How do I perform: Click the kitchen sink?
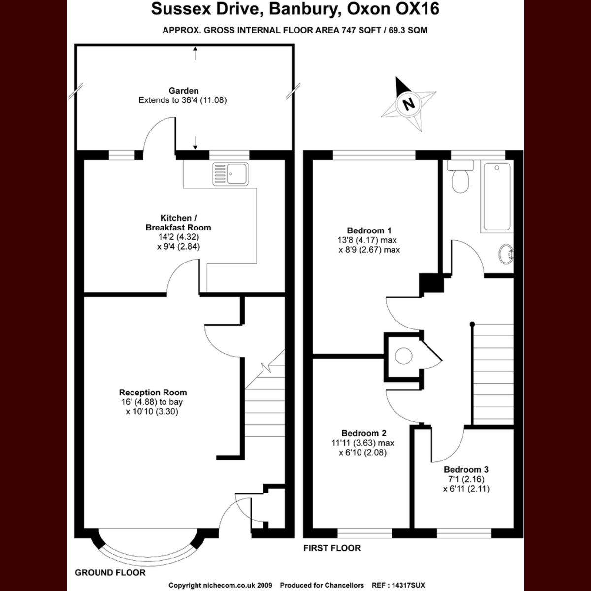[x=230, y=174]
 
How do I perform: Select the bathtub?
[x=497, y=197]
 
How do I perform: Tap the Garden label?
[x=184, y=91]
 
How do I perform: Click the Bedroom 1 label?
[x=369, y=230]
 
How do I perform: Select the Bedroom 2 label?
[x=364, y=433]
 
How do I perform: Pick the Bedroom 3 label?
[x=466, y=469]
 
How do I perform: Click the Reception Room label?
[x=153, y=392]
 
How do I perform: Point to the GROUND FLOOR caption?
[x=110, y=572]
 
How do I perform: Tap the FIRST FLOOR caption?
[x=332, y=548]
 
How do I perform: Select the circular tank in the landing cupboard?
[x=404, y=356]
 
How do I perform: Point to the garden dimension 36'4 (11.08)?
[x=198, y=100]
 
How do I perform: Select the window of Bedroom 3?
[x=464, y=533]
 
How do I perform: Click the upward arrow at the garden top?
[x=195, y=53]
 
